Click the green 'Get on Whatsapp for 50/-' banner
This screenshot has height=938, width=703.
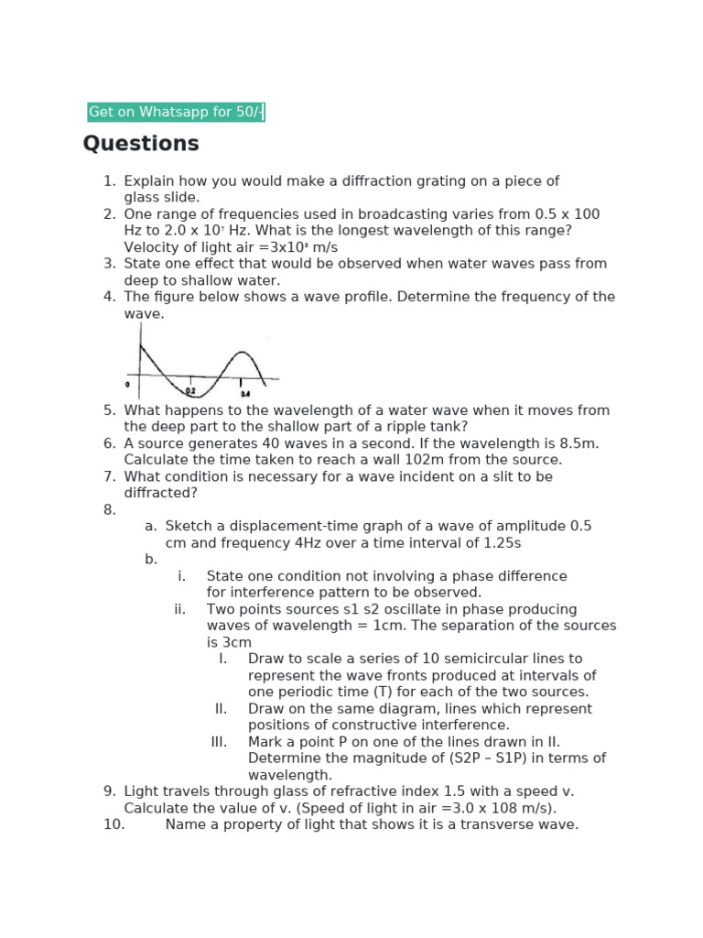pyautogui.click(x=176, y=113)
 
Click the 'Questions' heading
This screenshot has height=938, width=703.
pyautogui.click(x=141, y=144)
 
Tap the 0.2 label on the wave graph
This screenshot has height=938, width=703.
pyautogui.click(x=190, y=390)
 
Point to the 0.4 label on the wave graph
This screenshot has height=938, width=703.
pyautogui.click(x=244, y=394)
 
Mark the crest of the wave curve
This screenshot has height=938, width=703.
pyautogui.click(x=241, y=353)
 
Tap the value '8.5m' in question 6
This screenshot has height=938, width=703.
pyautogui.click(x=578, y=443)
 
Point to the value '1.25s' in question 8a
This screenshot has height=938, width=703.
pyautogui.click(x=502, y=542)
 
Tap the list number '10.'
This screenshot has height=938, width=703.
pyautogui.click(x=114, y=824)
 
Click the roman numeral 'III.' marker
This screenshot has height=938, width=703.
pyautogui.click(x=219, y=742)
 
